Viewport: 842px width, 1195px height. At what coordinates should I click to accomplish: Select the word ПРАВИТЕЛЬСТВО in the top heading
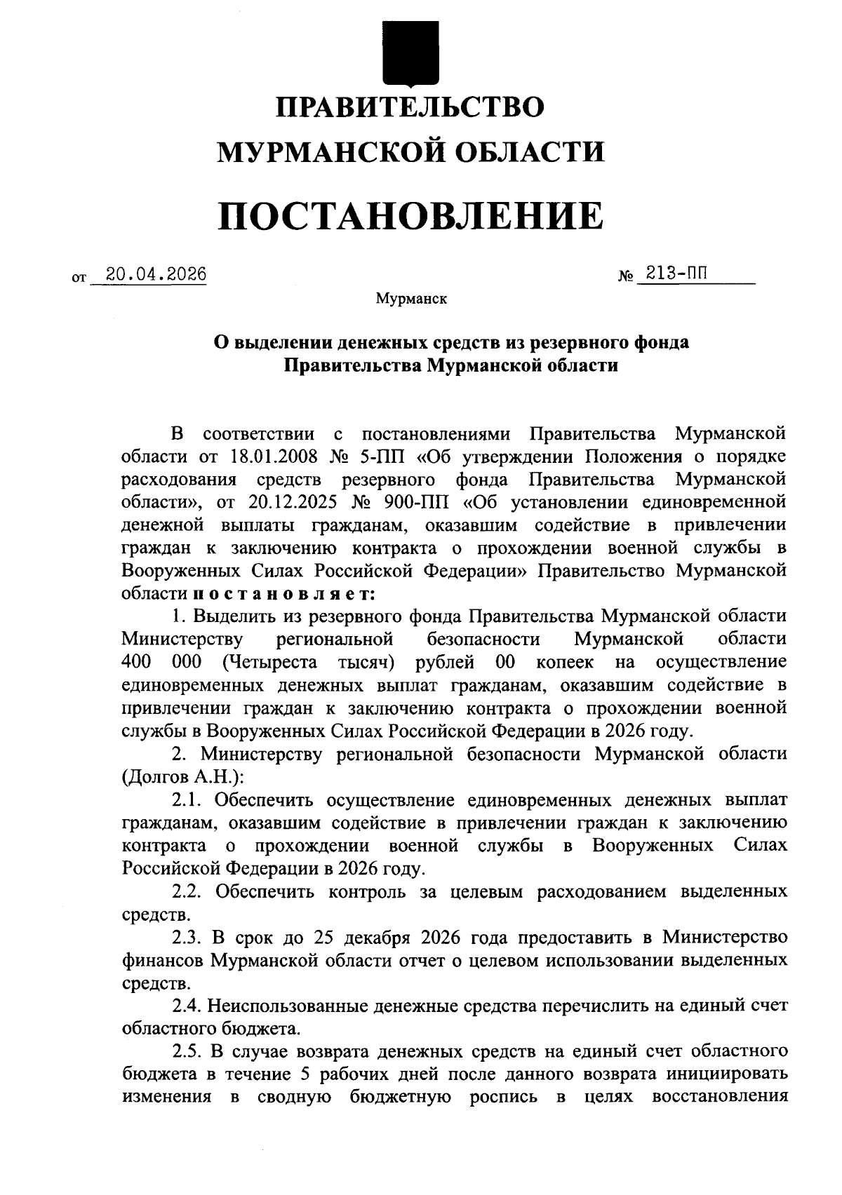click(410, 107)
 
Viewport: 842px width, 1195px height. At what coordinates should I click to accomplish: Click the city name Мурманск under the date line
click(411, 299)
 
